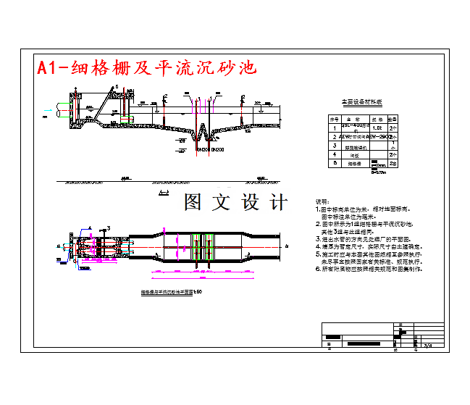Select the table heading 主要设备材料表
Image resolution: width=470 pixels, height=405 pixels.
tap(361, 103)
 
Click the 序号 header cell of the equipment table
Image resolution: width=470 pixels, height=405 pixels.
tap(334, 117)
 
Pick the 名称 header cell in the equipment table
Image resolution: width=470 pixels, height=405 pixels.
tap(353, 117)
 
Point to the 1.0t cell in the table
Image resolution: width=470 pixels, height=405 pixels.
tap(377, 127)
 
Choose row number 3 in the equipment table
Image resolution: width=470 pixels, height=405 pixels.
tap(334, 145)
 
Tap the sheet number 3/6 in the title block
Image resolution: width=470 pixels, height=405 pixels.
tap(427, 345)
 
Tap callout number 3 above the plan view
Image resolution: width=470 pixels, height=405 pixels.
tap(109, 228)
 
